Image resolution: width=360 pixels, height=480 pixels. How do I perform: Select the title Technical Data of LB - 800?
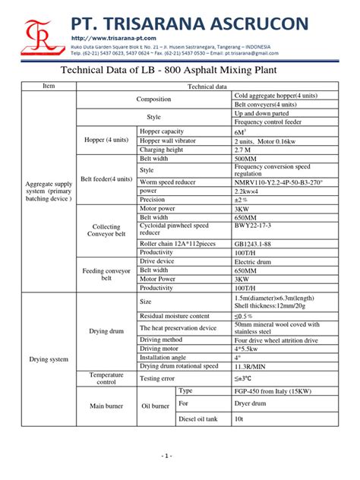pos(179,71)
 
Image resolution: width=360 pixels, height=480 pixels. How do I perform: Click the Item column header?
pos(49,87)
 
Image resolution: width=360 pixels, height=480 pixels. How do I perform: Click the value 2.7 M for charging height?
pos(246,150)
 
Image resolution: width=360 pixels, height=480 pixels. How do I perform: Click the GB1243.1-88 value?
pos(254,243)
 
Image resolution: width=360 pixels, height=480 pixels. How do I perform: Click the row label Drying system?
pos(49,358)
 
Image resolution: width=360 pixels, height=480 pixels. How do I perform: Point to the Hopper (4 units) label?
pos(106,140)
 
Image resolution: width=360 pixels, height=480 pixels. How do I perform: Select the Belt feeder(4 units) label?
pos(106,178)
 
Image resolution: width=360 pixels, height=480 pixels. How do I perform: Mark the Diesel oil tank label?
pos(197,418)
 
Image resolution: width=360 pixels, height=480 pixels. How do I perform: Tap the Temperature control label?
pos(106,377)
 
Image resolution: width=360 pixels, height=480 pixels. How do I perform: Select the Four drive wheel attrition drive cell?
pos(276,339)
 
